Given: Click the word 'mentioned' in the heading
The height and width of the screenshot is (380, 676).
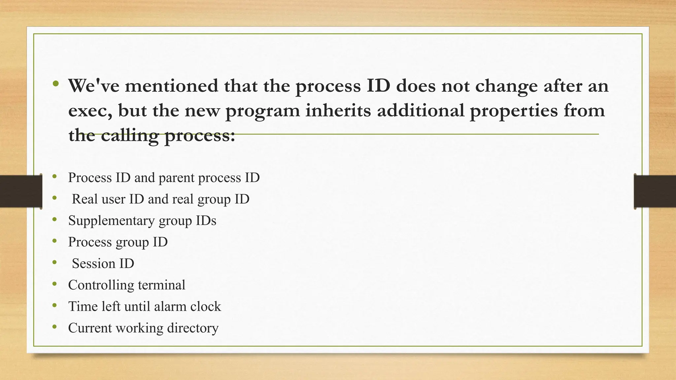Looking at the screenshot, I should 171,86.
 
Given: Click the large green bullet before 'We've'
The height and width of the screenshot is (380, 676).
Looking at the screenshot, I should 56,83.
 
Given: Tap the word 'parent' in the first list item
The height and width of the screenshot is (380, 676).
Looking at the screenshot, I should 177,178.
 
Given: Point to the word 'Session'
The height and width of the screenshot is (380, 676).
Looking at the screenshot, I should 93,264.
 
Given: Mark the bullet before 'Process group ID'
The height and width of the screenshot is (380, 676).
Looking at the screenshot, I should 54,241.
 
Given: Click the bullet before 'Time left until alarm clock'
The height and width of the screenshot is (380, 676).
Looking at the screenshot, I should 54,305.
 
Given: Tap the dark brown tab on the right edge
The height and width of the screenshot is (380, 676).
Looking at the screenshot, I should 655,191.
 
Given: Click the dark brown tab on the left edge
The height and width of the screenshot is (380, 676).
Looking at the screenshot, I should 21,191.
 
